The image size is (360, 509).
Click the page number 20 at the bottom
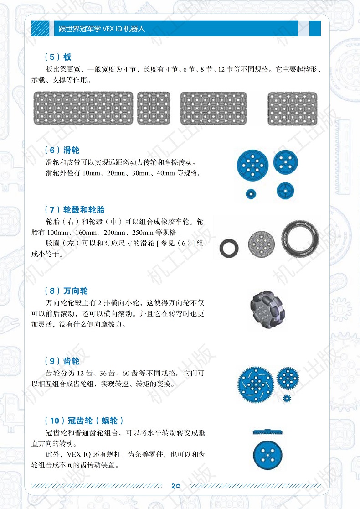pos(176,486)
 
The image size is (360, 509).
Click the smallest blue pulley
pos(250,193)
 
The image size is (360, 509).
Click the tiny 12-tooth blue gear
pos(287,398)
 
